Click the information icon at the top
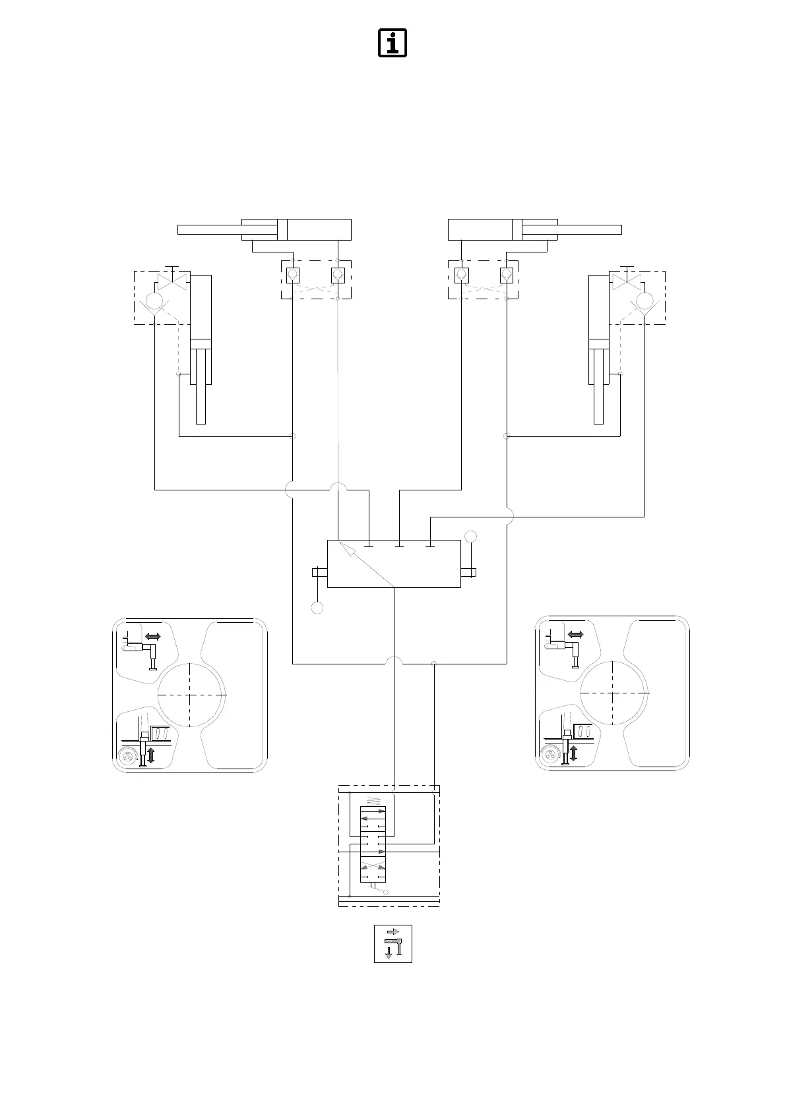[x=392, y=43]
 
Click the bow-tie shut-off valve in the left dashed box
[x=173, y=281]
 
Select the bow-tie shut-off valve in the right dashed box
[x=627, y=280]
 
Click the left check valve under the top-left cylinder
[x=293, y=274]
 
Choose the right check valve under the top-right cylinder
[x=507, y=274]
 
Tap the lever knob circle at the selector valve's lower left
[x=317, y=608]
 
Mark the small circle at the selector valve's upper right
[x=470, y=535]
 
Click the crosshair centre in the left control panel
[x=190, y=694]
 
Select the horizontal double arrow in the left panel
[x=152, y=637]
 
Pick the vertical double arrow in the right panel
[x=573, y=753]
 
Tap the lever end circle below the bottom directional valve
[x=386, y=892]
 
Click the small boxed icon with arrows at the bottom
[x=393, y=943]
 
